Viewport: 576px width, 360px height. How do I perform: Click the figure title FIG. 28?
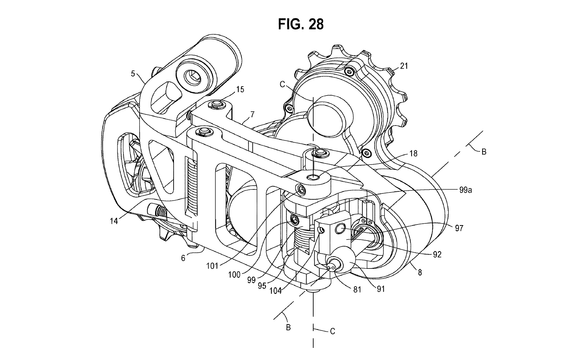pyautogui.click(x=300, y=25)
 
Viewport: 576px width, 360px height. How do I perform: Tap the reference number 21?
pyautogui.click(x=404, y=66)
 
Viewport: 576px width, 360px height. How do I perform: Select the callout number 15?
pyautogui.click(x=240, y=89)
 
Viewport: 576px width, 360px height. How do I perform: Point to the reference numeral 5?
pyautogui.click(x=133, y=74)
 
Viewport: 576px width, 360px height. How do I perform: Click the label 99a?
pyautogui.click(x=466, y=190)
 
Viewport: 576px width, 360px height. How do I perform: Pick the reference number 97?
pyautogui.click(x=459, y=228)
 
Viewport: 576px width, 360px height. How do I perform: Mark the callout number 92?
pyautogui.click(x=437, y=254)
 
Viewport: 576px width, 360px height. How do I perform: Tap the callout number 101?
pyautogui.click(x=212, y=266)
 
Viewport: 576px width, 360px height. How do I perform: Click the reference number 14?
pyautogui.click(x=114, y=221)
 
